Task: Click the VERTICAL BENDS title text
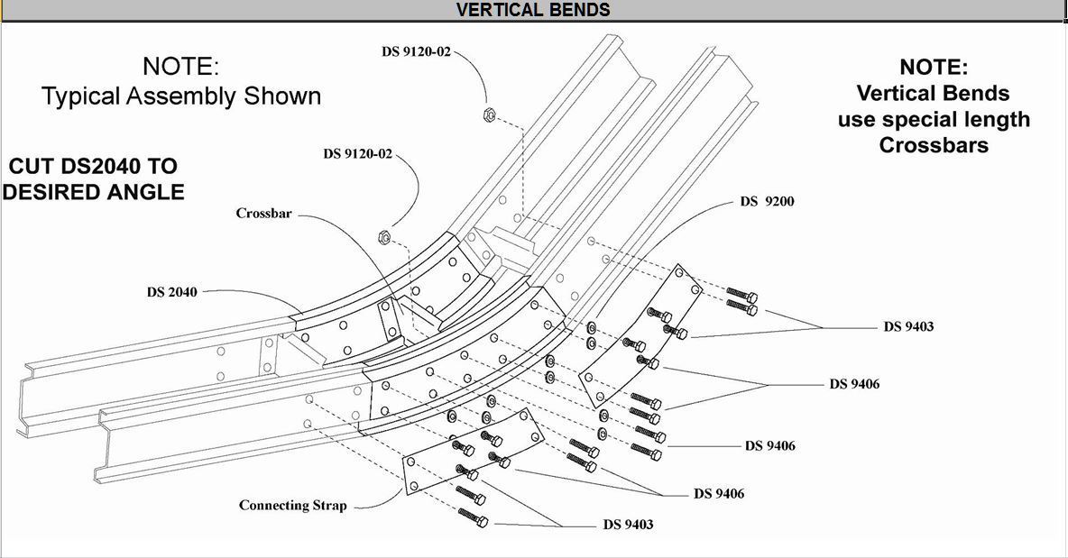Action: point(533,10)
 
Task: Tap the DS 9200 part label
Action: point(767,201)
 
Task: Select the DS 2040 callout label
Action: point(171,292)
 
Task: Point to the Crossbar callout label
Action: point(263,214)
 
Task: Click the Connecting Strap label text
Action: point(292,505)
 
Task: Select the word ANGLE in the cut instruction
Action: point(147,191)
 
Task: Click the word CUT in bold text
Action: point(34,167)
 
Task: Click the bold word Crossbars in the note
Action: point(934,145)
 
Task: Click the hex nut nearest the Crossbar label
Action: point(381,236)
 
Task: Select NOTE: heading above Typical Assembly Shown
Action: point(180,66)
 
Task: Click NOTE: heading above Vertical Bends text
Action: point(934,67)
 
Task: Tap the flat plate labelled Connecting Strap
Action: point(469,451)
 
